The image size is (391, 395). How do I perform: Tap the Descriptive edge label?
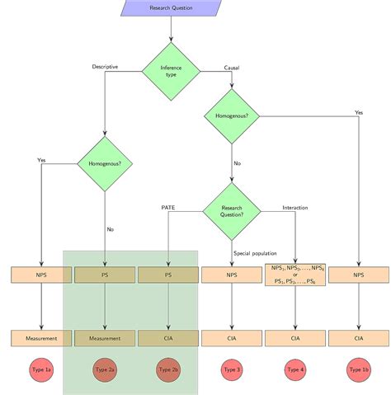point(105,66)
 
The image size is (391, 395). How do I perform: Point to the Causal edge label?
point(232,66)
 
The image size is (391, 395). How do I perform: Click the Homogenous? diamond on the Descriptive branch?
point(105,163)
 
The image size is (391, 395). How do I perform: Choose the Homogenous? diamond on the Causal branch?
point(232,116)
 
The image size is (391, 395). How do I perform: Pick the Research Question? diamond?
point(232,210)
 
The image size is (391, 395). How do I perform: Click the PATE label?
point(168,207)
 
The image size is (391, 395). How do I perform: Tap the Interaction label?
point(295,207)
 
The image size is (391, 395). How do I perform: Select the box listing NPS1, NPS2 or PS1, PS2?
point(295,275)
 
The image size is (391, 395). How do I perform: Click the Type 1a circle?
point(40,370)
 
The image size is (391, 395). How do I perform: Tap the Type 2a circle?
point(105,370)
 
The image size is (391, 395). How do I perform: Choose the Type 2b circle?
point(168,370)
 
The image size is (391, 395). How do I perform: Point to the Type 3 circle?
point(232,370)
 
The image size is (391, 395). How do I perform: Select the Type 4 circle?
point(295,370)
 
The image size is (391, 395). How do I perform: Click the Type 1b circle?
point(359,370)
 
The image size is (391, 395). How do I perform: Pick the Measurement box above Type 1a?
point(40,338)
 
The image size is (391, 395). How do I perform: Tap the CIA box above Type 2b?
point(168,338)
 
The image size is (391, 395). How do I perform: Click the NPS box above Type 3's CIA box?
point(232,275)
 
